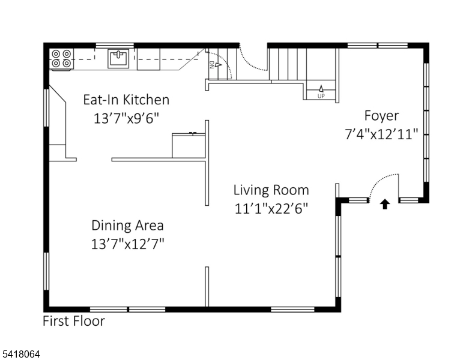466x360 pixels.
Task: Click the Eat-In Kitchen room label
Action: (126, 100)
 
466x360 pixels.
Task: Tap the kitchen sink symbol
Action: (118, 59)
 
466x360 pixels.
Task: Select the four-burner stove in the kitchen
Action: (61, 59)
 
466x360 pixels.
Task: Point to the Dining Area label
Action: (127, 225)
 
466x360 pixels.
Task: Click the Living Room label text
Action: (271, 190)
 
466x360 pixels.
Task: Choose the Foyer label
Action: (381, 116)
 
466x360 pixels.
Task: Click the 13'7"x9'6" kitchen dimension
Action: (126, 119)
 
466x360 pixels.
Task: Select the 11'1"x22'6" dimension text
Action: (271, 209)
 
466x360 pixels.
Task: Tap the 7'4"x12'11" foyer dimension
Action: (381, 134)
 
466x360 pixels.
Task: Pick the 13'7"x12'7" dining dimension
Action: (127, 244)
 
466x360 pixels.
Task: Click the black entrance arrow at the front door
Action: (385, 204)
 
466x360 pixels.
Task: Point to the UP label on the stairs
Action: (321, 96)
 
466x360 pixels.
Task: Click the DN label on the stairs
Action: (211, 65)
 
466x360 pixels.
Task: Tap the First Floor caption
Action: (74, 321)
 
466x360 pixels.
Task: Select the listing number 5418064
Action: (21, 354)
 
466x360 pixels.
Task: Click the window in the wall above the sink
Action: (115, 46)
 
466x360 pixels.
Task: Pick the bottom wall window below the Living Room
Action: (292, 310)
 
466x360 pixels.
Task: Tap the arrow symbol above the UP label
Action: (321, 89)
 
